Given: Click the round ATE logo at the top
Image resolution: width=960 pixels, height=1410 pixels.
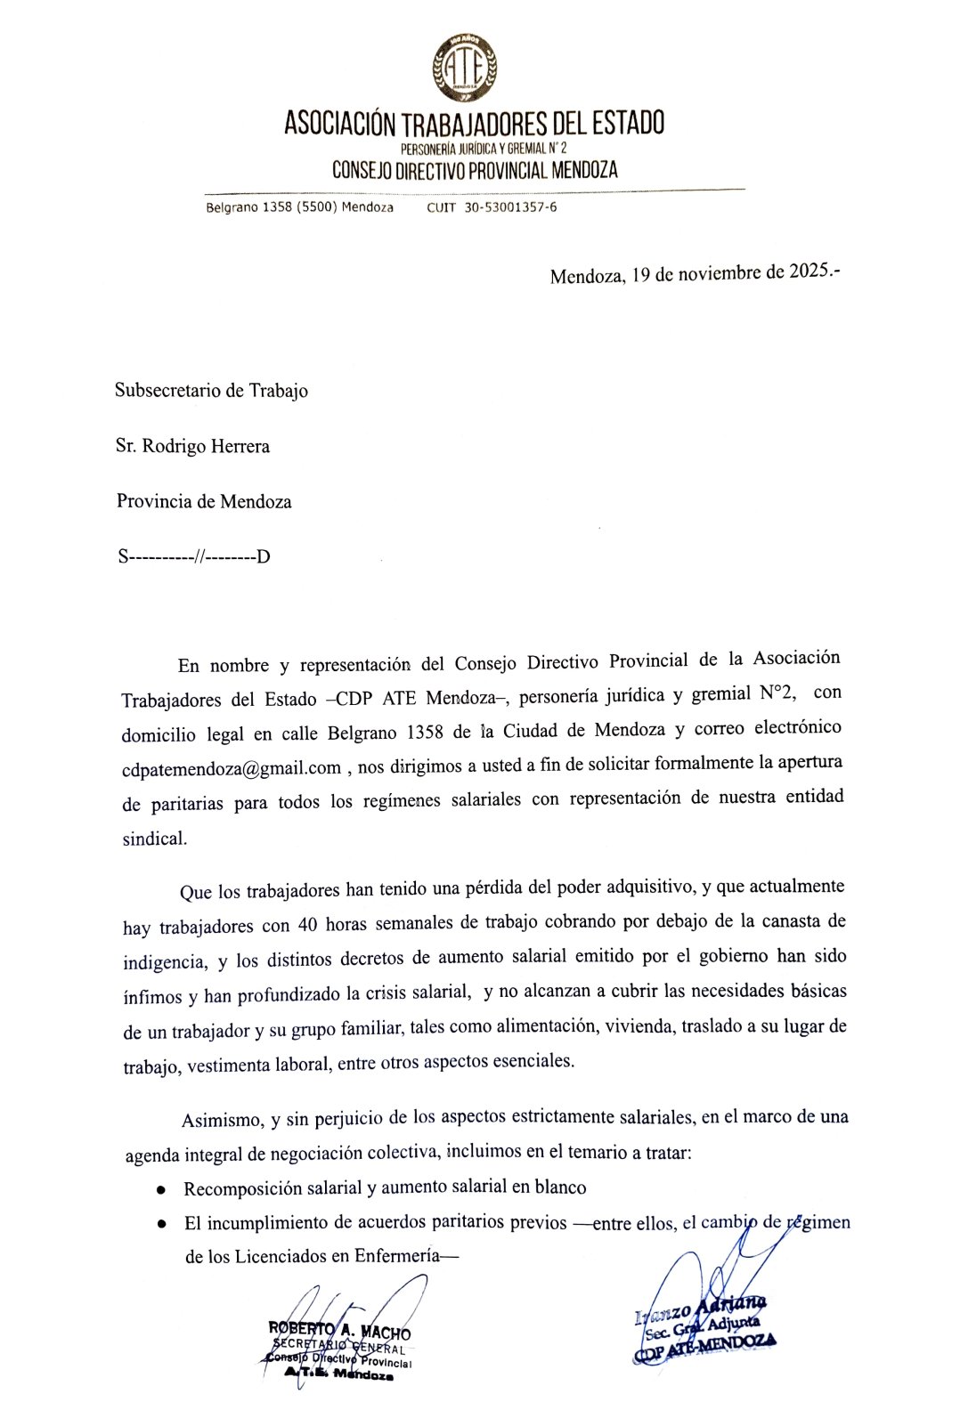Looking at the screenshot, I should (x=464, y=67).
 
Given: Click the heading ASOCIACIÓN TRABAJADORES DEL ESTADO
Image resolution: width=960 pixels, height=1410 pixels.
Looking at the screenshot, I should (x=474, y=124).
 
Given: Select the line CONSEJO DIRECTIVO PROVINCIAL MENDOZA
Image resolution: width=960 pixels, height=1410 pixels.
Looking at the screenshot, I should (x=475, y=170).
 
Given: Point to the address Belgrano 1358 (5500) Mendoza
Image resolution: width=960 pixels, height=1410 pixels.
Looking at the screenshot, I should (x=299, y=207).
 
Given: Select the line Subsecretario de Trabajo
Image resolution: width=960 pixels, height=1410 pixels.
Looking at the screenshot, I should (x=211, y=391).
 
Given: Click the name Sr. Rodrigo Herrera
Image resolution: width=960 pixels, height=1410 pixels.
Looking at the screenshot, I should (x=192, y=446).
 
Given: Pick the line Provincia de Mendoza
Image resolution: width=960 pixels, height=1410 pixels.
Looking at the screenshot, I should (x=204, y=501).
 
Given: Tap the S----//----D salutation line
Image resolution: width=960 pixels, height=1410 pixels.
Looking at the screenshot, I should (x=194, y=557).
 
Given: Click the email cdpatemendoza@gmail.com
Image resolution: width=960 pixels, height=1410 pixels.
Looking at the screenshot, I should (x=232, y=768).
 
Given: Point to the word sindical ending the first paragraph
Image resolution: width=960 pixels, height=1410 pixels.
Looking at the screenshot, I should (x=154, y=839).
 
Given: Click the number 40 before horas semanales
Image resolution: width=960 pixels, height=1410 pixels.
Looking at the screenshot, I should (x=307, y=925).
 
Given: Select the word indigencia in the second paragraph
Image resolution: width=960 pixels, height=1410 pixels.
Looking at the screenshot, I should (x=164, y=962).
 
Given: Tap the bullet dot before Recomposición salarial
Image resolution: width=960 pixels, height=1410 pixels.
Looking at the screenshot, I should (x=160, y=1189).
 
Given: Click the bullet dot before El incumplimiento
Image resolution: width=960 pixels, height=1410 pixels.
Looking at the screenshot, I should (x=161, y=1224).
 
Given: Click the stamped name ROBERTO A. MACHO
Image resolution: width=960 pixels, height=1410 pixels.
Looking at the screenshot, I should (x=339, y=1332).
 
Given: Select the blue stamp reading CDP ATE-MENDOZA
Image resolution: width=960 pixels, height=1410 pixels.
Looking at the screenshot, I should (x=704, y=1351).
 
